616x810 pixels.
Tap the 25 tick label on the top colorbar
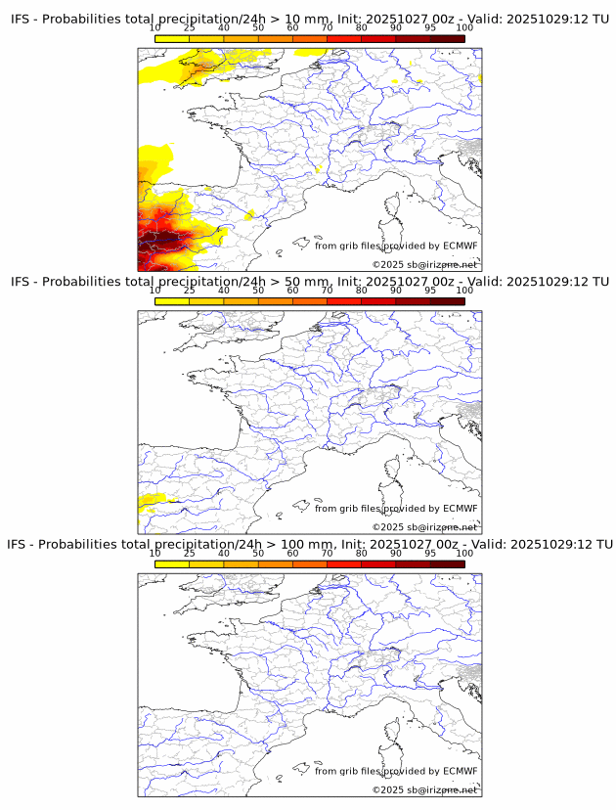(x=190, y=28)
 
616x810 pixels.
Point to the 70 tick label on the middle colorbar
(x=327, y=291)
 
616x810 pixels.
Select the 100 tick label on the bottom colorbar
(x=464, y=553)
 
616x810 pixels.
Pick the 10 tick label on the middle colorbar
(x=155, y=291)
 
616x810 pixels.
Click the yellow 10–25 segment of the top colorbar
(x=172, y=38)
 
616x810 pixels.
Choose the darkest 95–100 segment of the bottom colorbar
(x=447, y=564)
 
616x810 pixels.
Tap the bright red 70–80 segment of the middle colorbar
(x=343, y=301)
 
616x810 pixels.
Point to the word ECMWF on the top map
(x=460, y=246)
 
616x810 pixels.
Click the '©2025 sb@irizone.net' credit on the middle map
(x=424, y=527)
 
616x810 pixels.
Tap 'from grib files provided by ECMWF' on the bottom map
(x=396, y=771)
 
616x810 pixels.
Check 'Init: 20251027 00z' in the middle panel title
(x=395, y=282)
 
